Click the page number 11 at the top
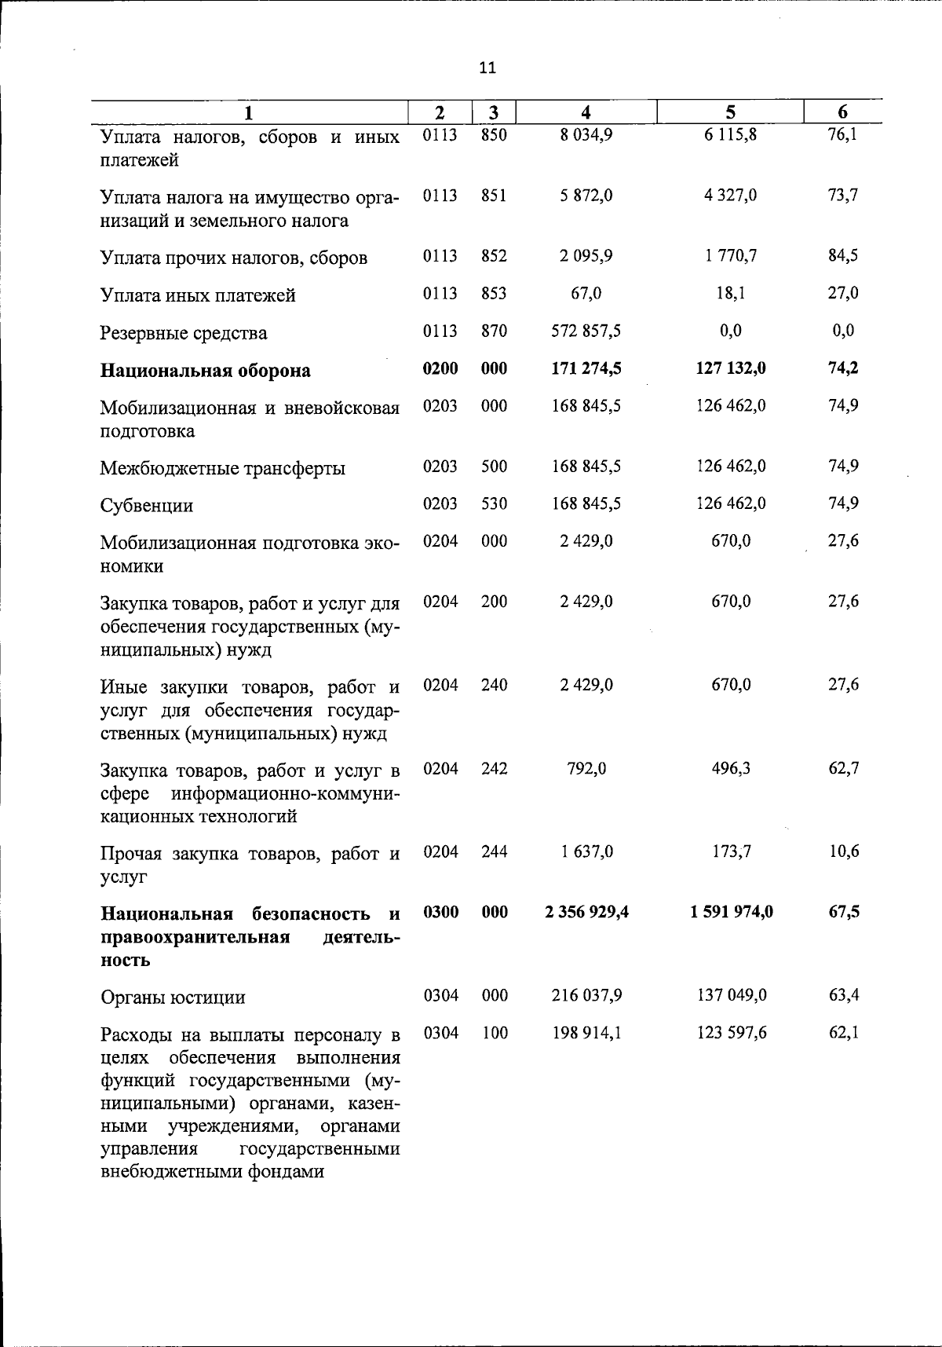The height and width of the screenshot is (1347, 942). point(487,68)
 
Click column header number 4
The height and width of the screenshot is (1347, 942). point(586,112)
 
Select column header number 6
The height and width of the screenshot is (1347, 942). point(842,112)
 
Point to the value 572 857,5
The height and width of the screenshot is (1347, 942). point(586,331)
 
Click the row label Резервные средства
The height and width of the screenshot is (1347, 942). point(184,333)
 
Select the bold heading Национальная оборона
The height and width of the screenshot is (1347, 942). point(205,371)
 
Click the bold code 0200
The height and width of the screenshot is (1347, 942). point(440,368)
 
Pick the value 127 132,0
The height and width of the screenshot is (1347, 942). point(730,368)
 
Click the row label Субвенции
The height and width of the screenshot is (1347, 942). point(147,505)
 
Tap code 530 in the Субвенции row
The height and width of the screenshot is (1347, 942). point(494,503)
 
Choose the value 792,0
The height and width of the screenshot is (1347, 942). point(586,768)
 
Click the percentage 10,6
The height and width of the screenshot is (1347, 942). point(843,851)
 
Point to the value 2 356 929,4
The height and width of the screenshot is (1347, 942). point(586,912)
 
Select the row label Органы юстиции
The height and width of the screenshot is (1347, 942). point(173,997)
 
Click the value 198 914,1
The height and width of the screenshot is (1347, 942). point(586,1033)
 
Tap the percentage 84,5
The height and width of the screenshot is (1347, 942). point(843,255)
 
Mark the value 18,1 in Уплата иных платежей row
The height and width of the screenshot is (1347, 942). point(730,293)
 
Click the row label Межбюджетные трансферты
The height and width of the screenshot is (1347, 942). point(222,469)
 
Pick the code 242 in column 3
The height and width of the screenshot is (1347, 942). point(494,768)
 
